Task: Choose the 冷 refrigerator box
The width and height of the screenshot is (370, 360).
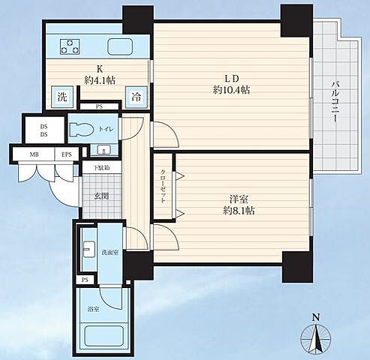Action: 137,96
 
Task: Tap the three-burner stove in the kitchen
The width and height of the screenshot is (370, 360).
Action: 69,46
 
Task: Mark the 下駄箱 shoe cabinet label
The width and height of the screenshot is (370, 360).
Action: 101,168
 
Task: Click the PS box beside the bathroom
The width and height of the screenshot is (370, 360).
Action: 83,280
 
